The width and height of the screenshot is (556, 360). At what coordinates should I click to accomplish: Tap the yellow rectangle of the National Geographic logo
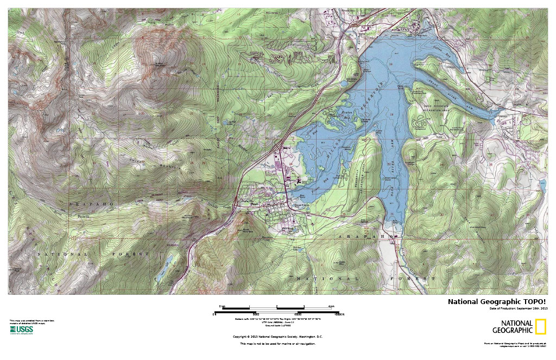click(x=540, y=327)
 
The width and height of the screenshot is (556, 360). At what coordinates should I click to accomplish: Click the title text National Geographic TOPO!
click(x=496, y=302)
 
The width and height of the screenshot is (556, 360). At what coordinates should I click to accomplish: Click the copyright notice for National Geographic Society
click(x=277, y=336)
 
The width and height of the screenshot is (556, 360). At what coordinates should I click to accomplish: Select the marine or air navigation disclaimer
click(x=277, y=344)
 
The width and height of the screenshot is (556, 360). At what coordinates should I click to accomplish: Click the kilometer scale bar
click(x=277, y=307)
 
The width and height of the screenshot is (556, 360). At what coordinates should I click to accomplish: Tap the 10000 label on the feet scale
click(x=298, y=314)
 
